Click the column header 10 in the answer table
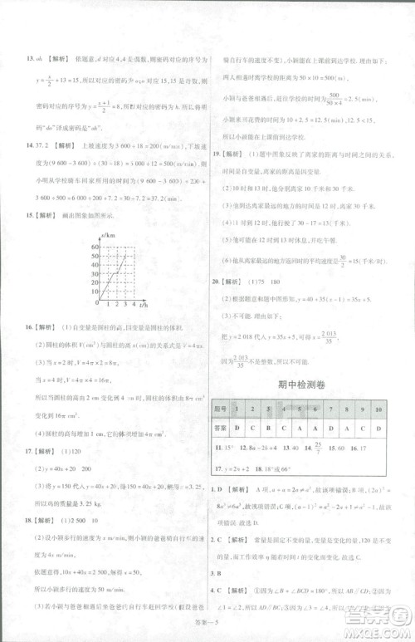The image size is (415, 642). click(378, 409)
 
